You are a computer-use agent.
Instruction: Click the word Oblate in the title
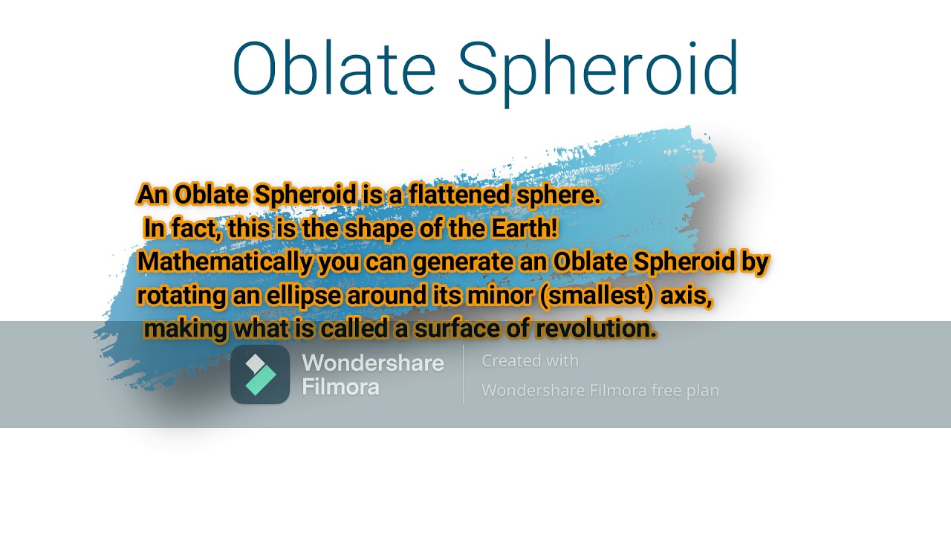tap(334, 67)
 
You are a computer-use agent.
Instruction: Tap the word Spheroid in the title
tap(598, 73)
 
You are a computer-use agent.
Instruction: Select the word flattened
tap(459, 195)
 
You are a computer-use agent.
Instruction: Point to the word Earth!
tap(525, 228)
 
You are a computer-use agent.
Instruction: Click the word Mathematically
tap(225, 262)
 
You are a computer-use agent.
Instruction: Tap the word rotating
tap(181, 296)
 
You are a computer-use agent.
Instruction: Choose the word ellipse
tap(304, 296)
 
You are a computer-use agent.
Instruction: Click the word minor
tap(500, 296)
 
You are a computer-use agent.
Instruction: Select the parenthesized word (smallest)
tap(596, 296)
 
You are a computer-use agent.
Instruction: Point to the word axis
tap(687, 296)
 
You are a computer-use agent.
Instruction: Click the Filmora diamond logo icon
tap(260, 374)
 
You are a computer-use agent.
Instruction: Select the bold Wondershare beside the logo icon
tap(373, 363)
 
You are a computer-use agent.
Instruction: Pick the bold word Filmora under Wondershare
tap(340, 387)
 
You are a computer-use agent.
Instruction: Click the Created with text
tap(530, 361)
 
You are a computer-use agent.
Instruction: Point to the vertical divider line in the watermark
tap(463, 374)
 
